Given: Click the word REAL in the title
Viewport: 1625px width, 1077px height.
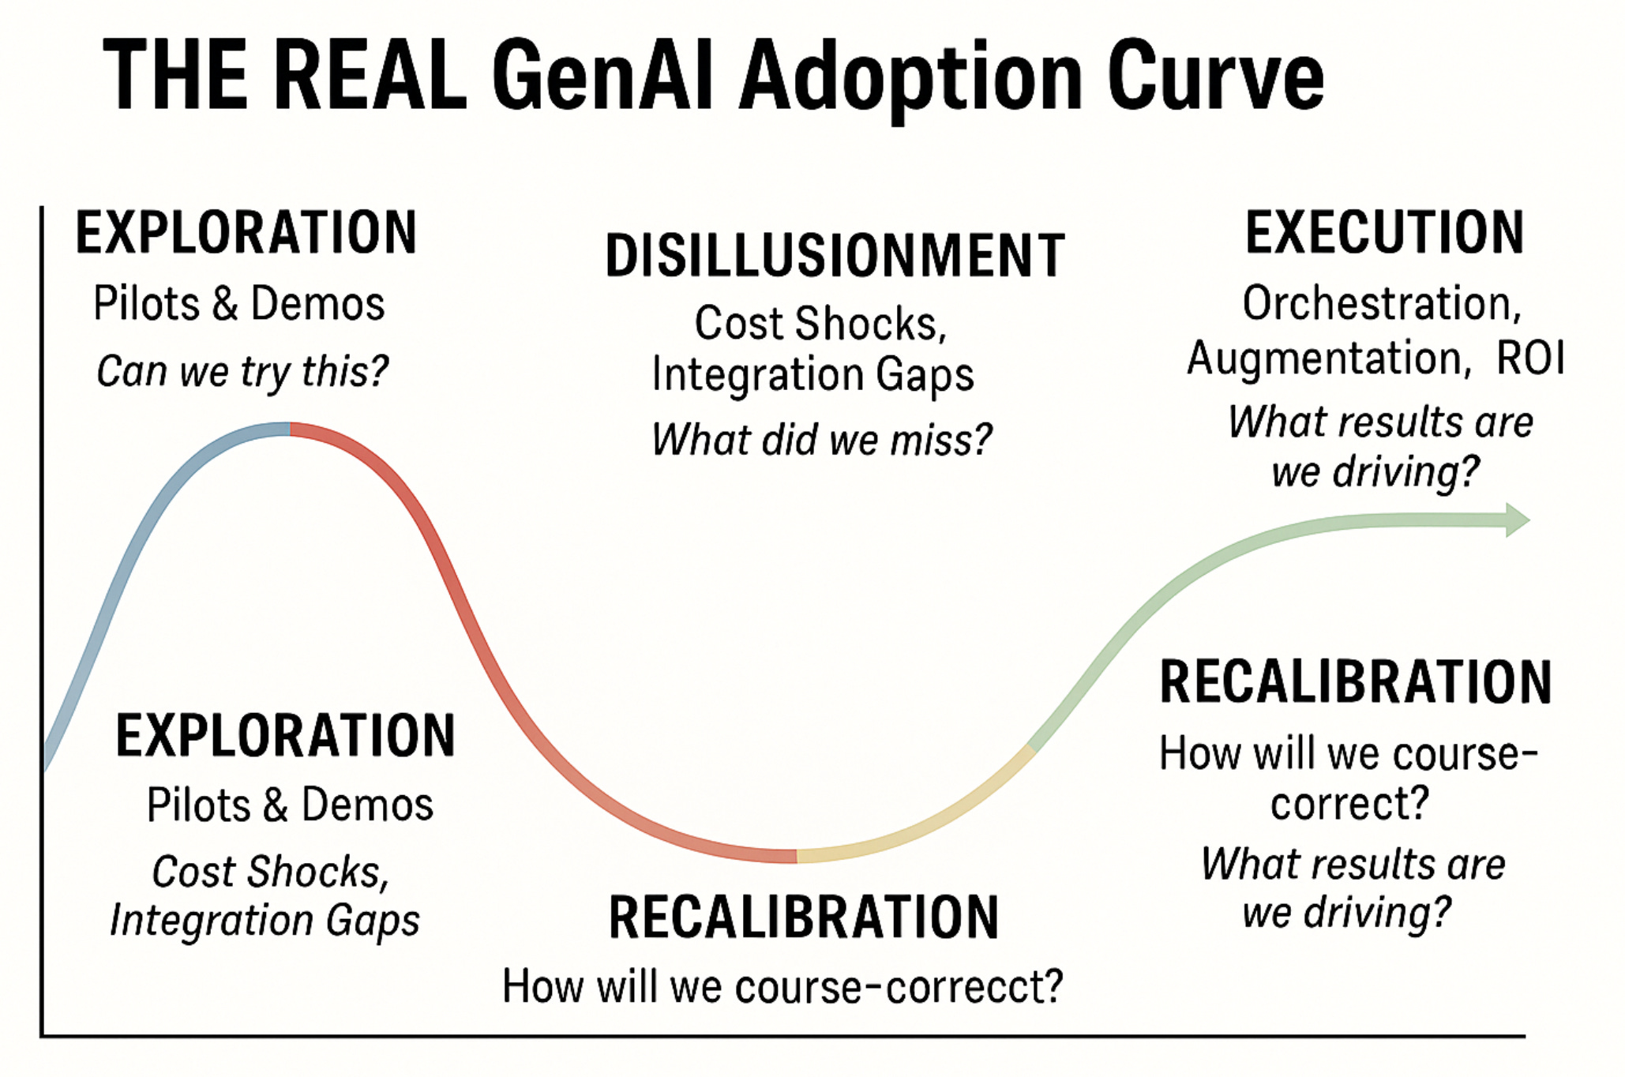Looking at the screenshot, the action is click(x=370, y=77).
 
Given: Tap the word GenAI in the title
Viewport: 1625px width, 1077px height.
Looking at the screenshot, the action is click(x=603, y=77).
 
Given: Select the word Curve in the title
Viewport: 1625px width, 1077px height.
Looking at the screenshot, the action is click(x=1215, y=77).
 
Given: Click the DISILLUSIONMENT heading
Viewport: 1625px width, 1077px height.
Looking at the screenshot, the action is click(x=835, y=256).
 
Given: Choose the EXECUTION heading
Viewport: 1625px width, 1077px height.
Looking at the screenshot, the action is click(x=1384, y=232).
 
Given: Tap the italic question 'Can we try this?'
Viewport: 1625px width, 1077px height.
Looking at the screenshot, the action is click(x=242, y=371).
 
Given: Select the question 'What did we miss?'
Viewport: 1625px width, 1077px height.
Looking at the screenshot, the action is click(x=821, y=440).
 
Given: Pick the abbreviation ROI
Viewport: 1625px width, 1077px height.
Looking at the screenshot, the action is click(x=1529, y=358).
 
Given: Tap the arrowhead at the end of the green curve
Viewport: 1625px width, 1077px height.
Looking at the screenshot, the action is click(x=1517, y=520).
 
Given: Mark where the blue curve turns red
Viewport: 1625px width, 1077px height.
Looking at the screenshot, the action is click(x=290, y=429).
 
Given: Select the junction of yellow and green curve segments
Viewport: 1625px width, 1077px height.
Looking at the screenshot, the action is click(x=1030, y=747).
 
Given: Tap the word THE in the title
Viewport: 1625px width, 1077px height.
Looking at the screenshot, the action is click(x=175, y=77).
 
